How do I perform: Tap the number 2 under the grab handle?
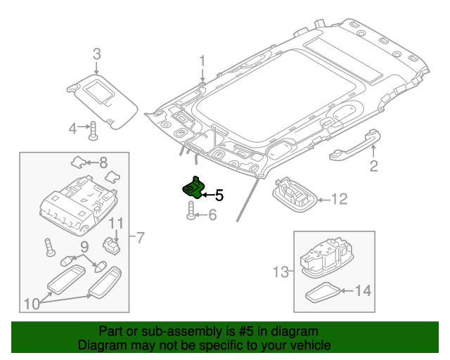tap(373, 166)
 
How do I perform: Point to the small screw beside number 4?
tap(93, 130)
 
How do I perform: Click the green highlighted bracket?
tap(193, 188)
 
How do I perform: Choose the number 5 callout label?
tap(219, 195)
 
